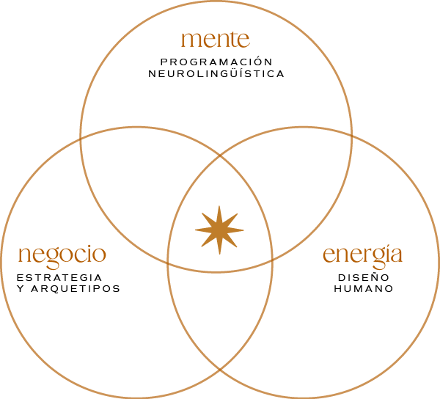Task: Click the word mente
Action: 216,38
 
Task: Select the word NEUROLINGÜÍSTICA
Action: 216,73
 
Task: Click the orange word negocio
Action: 62,255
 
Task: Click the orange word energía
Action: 363,255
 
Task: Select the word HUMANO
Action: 363,288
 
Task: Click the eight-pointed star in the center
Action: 219,230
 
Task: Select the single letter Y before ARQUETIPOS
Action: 20,288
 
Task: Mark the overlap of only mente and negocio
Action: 132,198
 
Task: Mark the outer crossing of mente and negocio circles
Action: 80,137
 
